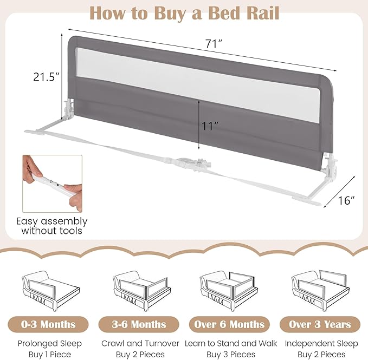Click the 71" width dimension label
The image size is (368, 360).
pyautogui.click(x=214, y=44)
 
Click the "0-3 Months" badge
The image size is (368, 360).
pyautogui.click(x=49, y=324)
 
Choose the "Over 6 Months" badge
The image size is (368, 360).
pyautogui.click(x=230, y=324)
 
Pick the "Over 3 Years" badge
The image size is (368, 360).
pyautogui.click(x=319, y=324)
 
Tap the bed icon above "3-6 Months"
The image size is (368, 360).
pyautogui.click(x=138, y=291)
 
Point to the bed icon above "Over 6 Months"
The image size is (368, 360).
pyautogui.click(x=230, y=291)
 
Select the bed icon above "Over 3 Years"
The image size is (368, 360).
pyautogui.click(x=319, y=291)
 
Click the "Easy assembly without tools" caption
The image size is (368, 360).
pyautogui.click(x=51, y=226)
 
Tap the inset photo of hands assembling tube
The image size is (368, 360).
pyautogui.click(x=51, y=183)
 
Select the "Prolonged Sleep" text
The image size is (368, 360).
pyautogui.click(x=49, y=343)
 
